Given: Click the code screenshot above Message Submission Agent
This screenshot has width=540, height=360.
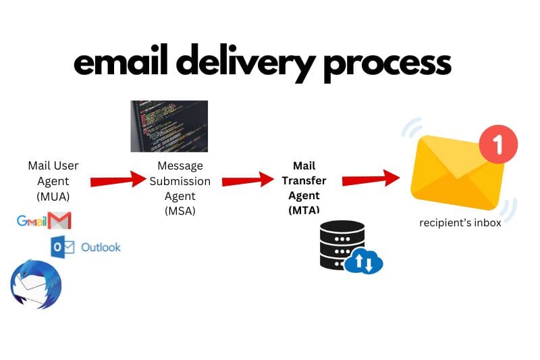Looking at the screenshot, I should click(169, 126).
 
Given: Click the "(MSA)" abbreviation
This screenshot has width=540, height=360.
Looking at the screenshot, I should click(180, 211).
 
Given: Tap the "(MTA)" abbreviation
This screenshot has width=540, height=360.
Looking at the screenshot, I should click(304, 209).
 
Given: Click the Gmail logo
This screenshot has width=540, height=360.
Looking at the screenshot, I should click(44, 220).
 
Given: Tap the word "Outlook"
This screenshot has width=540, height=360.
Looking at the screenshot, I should click(101, 247).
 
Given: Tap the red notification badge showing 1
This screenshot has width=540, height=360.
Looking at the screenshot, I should click(498, 145).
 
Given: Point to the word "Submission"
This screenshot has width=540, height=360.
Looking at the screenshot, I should click(180, 181).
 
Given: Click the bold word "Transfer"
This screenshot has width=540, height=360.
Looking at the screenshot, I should click(304, 180).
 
